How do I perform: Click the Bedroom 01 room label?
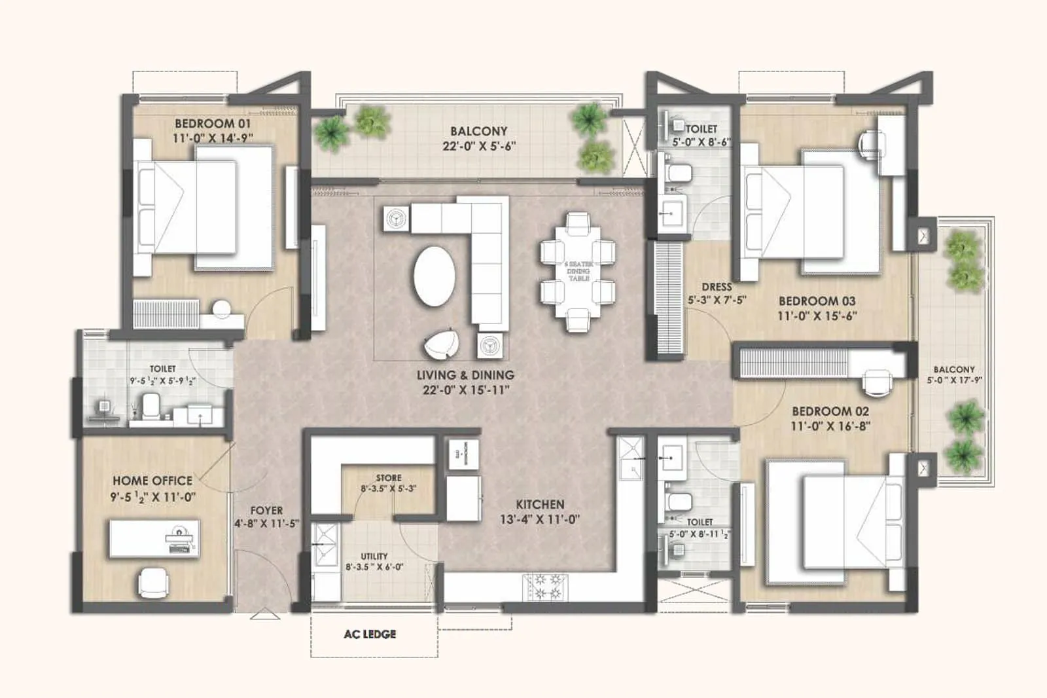pos(212,123)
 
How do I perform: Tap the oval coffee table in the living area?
pos(435,276)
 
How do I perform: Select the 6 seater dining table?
pos(578,270)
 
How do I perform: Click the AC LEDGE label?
pos(370,634)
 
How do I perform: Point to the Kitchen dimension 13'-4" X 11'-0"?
pos(539,519)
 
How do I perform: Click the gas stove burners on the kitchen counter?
pos(546,586)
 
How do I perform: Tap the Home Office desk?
pos(154,538)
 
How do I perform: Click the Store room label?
pos(389,478)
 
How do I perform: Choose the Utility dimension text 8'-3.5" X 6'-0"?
pos(374,567)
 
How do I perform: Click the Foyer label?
pos(266,510)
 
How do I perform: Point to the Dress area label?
pos(717,287)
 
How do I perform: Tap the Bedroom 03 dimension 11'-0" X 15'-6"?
pos(817,316)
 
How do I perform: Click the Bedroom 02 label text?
pos(830,411)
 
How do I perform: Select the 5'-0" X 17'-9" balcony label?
pos(954,380)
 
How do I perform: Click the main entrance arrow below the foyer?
pos(265,615)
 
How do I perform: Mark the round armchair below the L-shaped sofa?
pos(443,344)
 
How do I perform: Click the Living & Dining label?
pos(465,375)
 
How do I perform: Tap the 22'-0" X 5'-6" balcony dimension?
pos(478,146)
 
